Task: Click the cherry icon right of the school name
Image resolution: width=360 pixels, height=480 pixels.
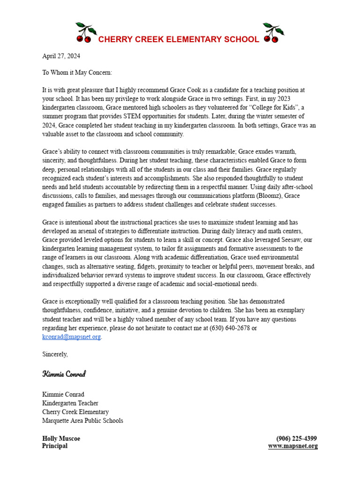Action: coord(273,32)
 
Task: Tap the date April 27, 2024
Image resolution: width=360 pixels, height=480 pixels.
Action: coord(61,56)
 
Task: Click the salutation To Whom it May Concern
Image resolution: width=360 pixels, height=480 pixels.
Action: coord(77,73)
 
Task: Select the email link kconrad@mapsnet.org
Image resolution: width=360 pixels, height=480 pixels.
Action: coord(71,337)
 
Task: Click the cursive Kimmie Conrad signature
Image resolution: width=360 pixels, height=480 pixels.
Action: coord(64,374)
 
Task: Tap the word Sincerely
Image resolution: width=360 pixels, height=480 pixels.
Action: coord(55,354)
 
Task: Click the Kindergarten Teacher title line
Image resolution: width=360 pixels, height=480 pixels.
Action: coord(70,403)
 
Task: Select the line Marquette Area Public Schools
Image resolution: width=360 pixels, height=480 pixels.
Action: coord(82,420)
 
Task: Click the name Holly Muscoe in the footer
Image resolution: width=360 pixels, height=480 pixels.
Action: coord(61,439)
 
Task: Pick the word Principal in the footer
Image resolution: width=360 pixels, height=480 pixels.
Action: coord(55,446)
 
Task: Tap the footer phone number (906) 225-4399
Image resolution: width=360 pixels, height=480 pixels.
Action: coord(297,439)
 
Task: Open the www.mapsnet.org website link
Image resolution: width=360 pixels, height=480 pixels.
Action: coord(293,446)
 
